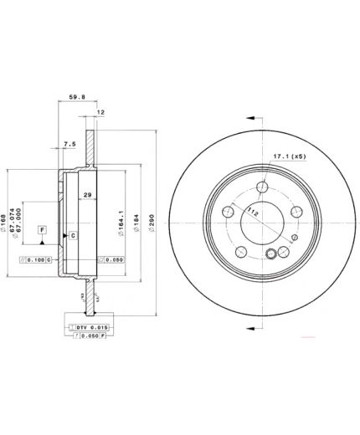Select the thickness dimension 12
tap(100, 112)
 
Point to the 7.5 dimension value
tap(69, 144)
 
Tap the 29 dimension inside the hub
tap(88, 194)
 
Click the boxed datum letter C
tap(73, 236)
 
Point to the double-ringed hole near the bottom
tap(270, 256)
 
